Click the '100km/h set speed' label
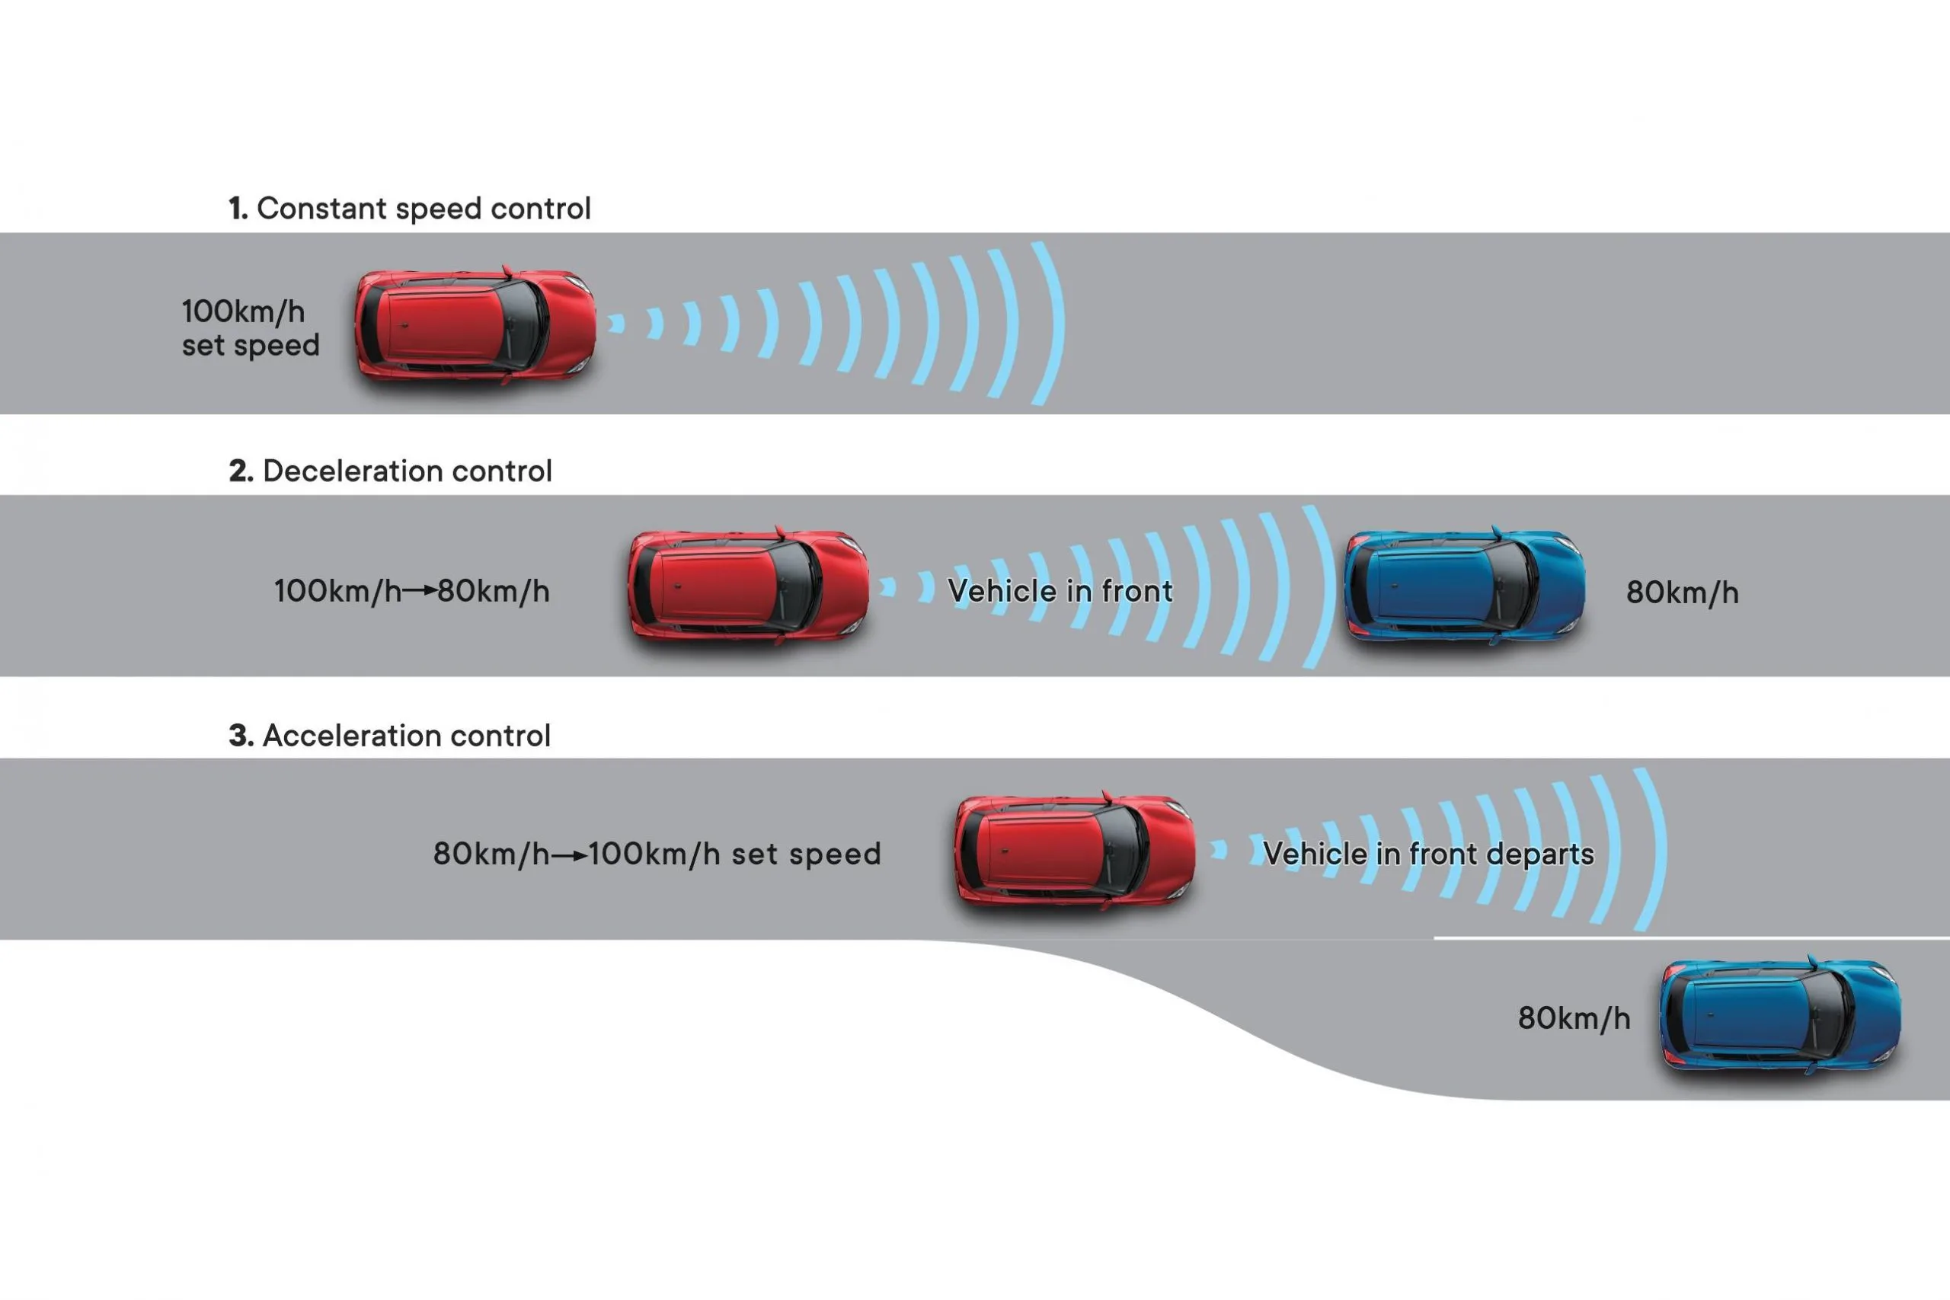251,328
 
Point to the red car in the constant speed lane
475,325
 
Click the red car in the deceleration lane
748,586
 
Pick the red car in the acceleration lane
1075,851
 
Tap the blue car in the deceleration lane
1464,586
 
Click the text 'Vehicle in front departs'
1427,854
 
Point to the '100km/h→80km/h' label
411,591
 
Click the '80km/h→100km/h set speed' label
657,854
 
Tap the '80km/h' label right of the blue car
1682,593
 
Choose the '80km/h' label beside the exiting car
1574,1018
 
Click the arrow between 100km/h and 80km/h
420,591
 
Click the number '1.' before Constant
238,209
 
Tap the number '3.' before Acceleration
241,736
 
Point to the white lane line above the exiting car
1691,937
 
